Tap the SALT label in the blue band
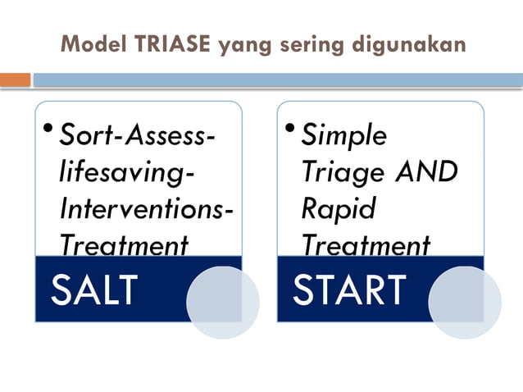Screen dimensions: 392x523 (93, 289)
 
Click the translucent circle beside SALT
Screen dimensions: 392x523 (222, 302)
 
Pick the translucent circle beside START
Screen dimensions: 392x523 (465, 302)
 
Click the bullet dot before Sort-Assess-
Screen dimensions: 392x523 (49, 128)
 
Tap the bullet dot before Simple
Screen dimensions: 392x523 (292, 128)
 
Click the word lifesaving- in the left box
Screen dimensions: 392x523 (129, 172)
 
